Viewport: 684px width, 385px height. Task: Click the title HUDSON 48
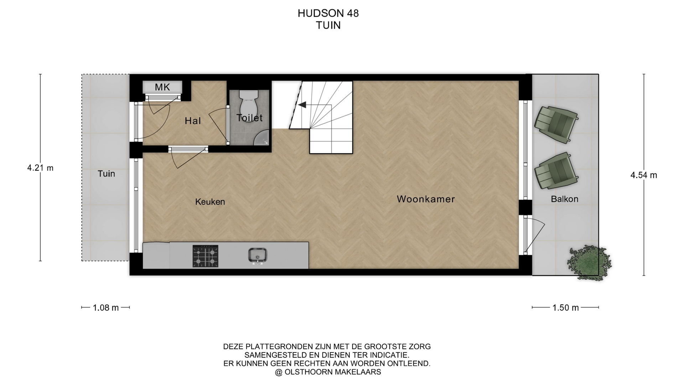[328, 13]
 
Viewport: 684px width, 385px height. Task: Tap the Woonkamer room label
[426, 199]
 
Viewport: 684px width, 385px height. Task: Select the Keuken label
[210, 202]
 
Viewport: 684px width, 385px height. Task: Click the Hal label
[193, 121]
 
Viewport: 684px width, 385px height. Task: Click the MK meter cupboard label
[162, 87]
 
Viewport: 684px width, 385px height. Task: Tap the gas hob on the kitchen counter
[206, 256]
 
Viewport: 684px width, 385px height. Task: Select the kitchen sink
[258, 256]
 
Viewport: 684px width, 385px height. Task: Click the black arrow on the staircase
[302, 105]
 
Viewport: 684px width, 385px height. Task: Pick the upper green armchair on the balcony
[555, 124]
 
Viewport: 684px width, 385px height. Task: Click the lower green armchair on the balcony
[555, 171]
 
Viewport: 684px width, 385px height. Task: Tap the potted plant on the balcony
[589, 263]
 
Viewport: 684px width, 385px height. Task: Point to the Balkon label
[564, 199]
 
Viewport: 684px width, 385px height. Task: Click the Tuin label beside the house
[106, 174]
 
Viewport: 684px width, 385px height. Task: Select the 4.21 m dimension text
[40, 168]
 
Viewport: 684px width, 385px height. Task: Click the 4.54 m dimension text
[644, 175]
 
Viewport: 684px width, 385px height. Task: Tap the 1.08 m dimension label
[105, 308]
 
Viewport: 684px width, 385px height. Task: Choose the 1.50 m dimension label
[565, 308]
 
